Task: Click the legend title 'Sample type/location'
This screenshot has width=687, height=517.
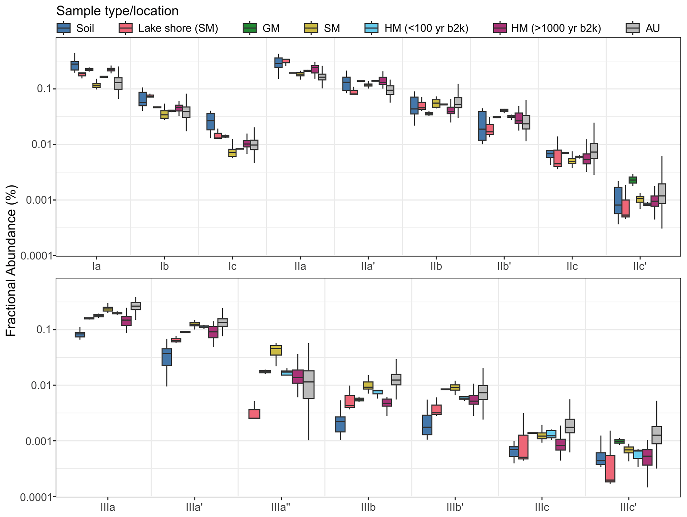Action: pos(117,11)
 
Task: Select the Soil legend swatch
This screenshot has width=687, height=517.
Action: pos(63,28)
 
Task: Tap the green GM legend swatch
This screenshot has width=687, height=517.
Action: pos(250,28)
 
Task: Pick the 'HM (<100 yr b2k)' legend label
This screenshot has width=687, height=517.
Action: pos(426,28)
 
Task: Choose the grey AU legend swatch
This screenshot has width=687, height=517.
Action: pos(632,28)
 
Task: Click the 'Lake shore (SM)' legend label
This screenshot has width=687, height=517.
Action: pos(178,28)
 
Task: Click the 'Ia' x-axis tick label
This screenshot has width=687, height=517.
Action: pos(96,266)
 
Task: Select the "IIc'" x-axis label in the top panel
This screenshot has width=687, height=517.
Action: pos(639,266)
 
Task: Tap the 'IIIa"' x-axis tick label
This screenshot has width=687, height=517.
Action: pos(281,507)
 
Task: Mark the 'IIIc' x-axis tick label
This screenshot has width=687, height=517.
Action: pos(542,507)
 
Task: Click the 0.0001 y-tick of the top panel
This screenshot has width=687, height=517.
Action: pos(36,256)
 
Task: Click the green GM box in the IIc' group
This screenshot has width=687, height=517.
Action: pos(632,180)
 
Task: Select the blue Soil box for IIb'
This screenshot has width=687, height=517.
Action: pos(482,126)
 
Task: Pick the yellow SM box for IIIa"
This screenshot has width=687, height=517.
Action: pos(276,350)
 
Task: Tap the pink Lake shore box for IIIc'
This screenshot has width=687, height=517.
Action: pos(610,468)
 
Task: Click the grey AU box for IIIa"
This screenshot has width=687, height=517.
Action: pos(309,385)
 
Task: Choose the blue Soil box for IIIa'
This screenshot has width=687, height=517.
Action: pos(167,357)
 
